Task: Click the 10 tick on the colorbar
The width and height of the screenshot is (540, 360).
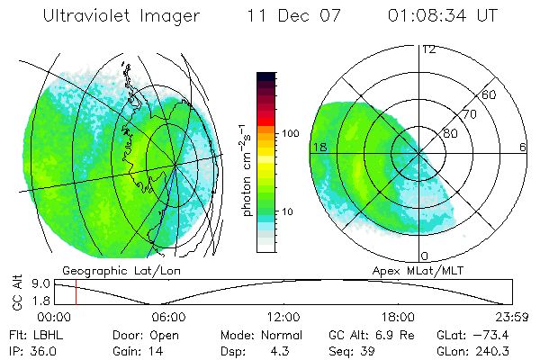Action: click(291, 211)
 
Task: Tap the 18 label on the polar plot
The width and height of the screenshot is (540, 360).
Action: click(319, 148)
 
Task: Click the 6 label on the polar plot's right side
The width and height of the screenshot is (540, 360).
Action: click(523, 148)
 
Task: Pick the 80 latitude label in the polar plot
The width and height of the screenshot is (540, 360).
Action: click(450, 133)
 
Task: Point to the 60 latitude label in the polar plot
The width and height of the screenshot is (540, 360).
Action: click(490, 94)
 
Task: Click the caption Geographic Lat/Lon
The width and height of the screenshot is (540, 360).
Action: click(109, 270)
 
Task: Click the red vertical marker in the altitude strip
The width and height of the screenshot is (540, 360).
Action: click(76, 292)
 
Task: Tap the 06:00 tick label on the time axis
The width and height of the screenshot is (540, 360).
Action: click(168, 316)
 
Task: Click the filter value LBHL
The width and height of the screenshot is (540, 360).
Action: click(47, 334)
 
